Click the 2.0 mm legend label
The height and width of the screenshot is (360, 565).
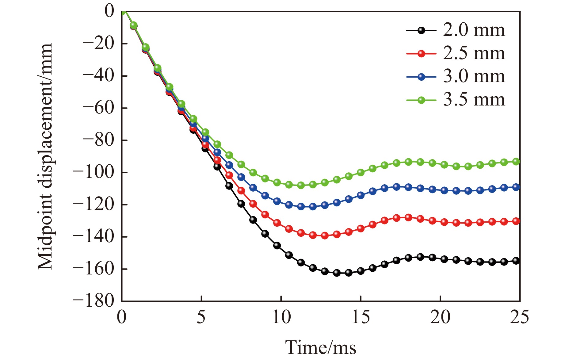pos(474,30)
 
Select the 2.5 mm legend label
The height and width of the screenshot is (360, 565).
pos(474,54)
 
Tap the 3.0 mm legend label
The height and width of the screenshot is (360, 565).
pos(474,77)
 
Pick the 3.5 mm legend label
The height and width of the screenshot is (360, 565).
pos(474,100)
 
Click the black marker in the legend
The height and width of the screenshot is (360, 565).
pos(421,30)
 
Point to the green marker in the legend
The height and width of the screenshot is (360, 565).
pos(421,100)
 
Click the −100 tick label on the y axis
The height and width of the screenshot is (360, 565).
pos(93,172)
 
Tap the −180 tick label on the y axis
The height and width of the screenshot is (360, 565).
pos(93,301)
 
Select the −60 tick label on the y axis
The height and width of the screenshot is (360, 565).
pos(97,108)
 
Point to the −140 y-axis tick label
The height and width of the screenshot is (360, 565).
pos(93,237)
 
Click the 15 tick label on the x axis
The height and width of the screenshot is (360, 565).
pos(361,317)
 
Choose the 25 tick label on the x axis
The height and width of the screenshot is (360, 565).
pos(519,317)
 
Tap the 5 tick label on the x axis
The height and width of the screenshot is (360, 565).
pos(201,317)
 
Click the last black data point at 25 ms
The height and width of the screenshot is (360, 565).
pos(516,261)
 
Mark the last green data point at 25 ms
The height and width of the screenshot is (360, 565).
pos(516,162)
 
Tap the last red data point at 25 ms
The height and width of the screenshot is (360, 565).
pos(516,221)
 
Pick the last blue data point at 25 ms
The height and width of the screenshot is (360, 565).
pos(516,187)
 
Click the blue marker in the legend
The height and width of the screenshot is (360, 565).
pos(421,77)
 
